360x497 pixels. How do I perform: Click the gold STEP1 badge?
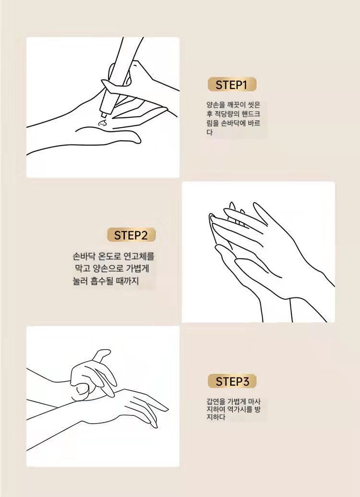(232, 85)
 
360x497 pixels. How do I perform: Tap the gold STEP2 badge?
(131, 235)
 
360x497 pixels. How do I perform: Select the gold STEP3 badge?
(232, 381)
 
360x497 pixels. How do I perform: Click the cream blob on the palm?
(102, 123)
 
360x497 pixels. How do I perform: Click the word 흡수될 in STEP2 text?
(101, 281)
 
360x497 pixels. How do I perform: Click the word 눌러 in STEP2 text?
(80, 281)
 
